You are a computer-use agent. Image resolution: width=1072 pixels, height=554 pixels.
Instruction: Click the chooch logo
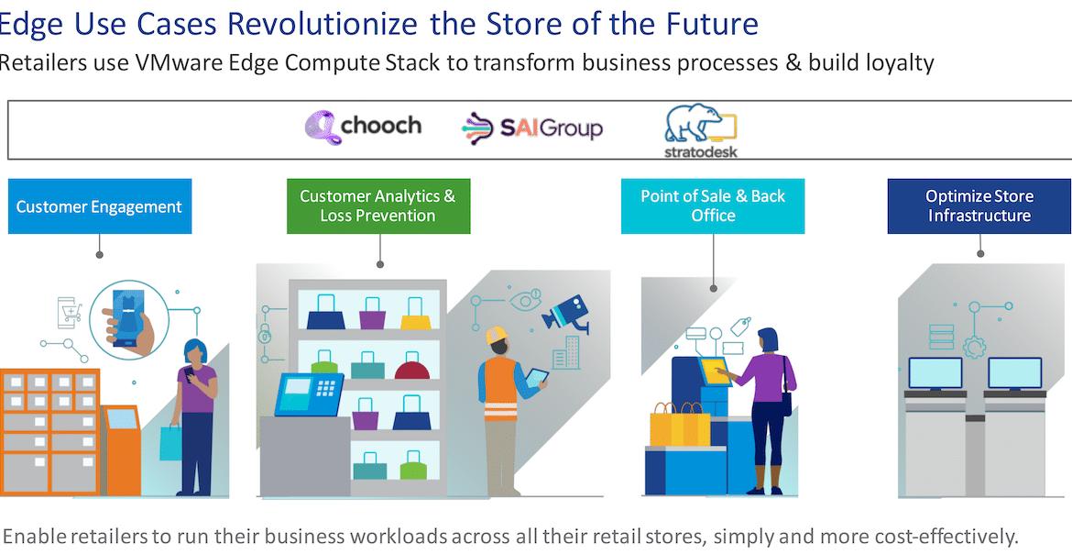(362, 127)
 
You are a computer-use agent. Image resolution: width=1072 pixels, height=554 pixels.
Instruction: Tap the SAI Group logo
(532, 128)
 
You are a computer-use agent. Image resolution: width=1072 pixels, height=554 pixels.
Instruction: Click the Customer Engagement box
(100, 206)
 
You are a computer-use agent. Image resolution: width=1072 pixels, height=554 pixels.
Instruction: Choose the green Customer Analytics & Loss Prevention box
(378, 206)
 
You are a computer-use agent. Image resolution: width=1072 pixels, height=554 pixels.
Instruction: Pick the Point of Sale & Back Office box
(713, 206)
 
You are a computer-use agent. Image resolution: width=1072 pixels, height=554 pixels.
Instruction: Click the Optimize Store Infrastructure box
(979, 206)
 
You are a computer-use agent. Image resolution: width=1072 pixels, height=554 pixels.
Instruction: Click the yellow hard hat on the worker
(497, 335)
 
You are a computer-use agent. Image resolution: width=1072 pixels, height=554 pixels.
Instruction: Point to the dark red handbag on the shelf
(412, 369)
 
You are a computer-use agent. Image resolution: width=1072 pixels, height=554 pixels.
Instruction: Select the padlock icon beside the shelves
(266, 334)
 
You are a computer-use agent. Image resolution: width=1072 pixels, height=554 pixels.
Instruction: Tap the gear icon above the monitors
(974, 347)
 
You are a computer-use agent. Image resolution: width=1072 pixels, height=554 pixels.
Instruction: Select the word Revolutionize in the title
(321, 23)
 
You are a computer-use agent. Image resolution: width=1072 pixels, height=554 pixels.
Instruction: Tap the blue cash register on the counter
(309, 394)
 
